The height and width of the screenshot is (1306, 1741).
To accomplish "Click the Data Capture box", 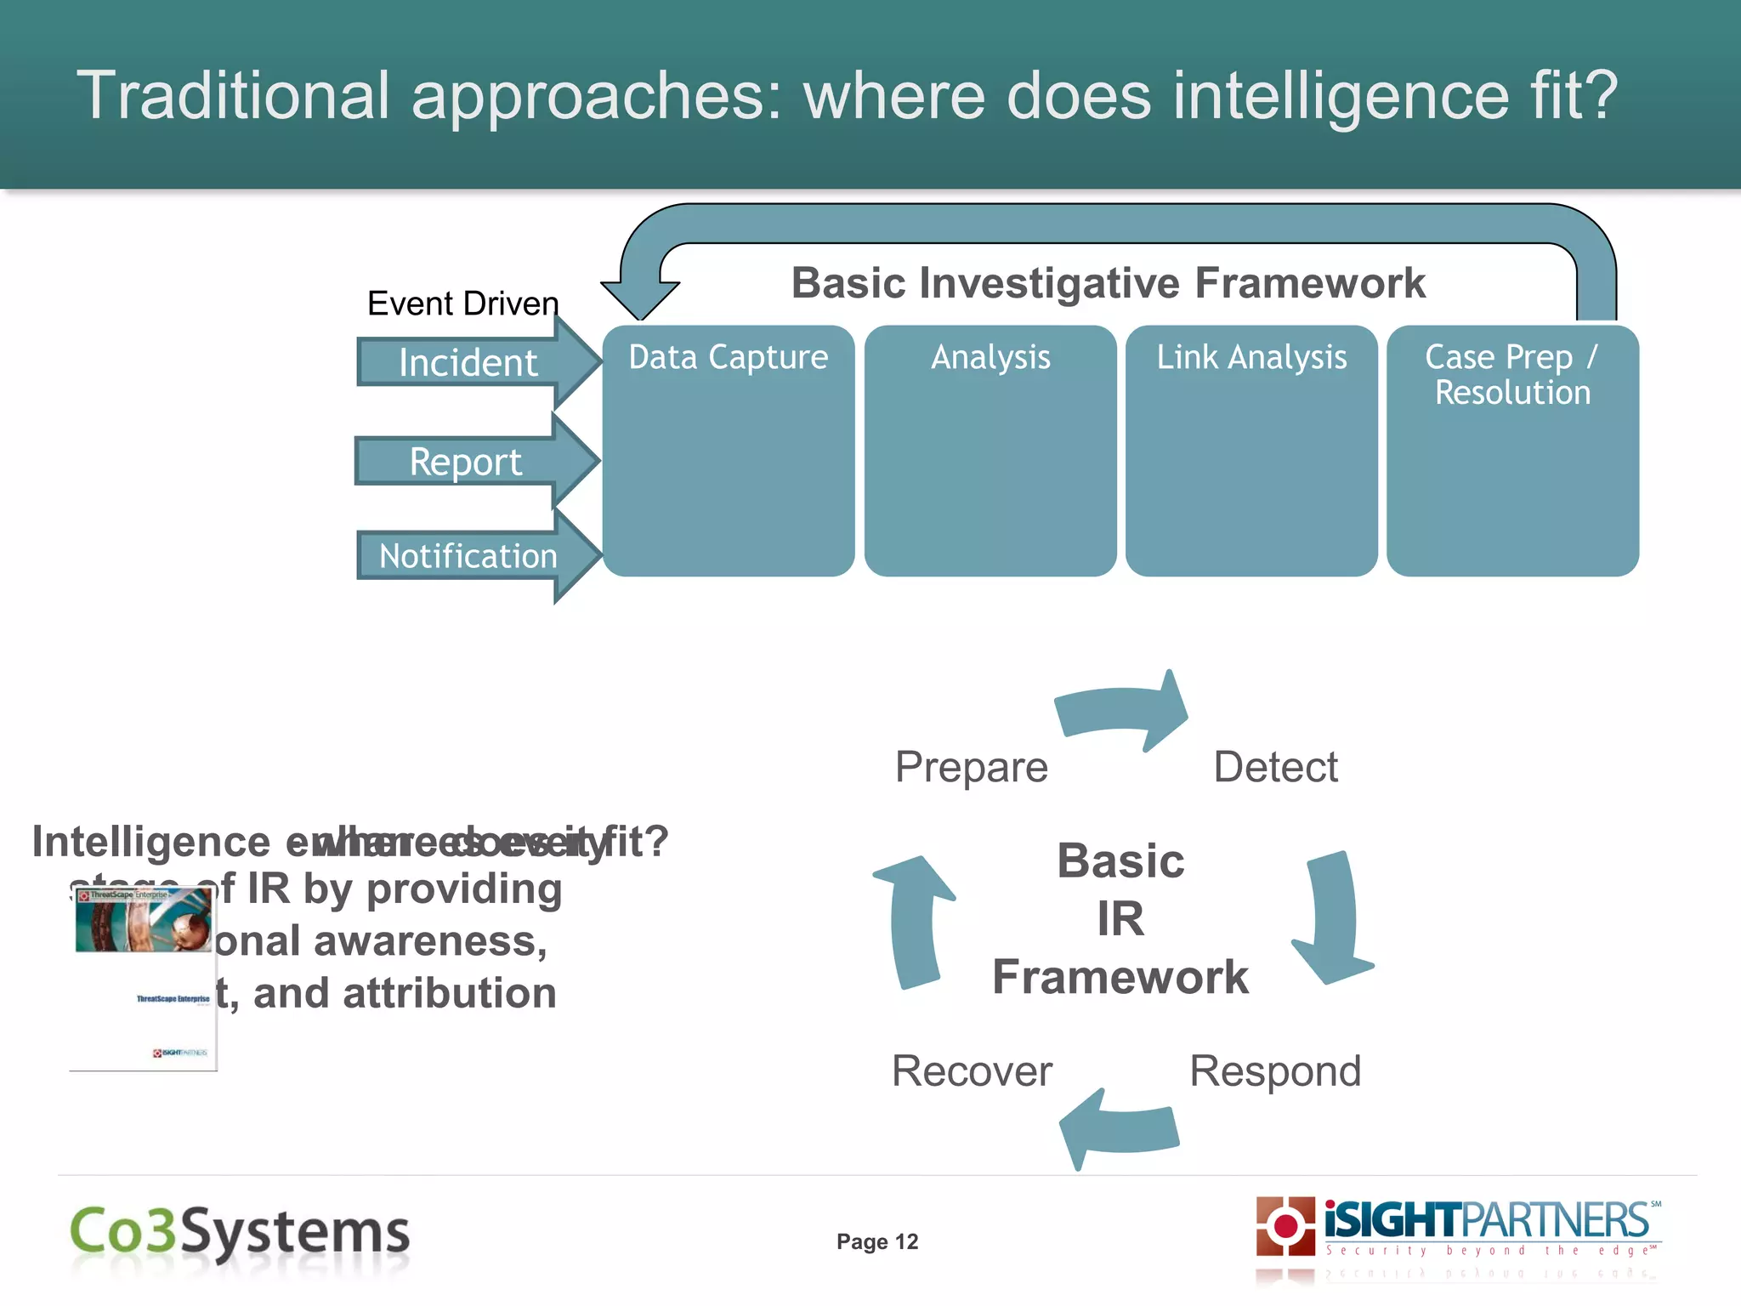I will point(729,451).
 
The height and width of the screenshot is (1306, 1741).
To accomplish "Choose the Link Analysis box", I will point(1251,451).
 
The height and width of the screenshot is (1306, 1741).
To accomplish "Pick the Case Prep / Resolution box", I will point(1512,451).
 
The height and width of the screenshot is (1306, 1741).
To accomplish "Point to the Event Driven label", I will point(462,304).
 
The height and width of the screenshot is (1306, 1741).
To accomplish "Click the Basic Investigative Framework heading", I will point(1108,283).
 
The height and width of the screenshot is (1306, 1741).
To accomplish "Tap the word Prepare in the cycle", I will point(971,767).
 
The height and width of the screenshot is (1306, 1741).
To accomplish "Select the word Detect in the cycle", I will point(1275,767).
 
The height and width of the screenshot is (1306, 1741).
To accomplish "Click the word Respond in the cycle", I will point(1274,1071).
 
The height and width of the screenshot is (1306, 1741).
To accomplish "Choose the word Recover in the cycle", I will point(972,1071).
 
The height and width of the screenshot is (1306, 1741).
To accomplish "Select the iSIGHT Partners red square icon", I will point(1285,1225).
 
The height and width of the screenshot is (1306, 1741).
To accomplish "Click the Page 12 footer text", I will point(877,1242).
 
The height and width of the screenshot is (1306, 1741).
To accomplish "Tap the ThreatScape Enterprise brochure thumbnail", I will point(143,978).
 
